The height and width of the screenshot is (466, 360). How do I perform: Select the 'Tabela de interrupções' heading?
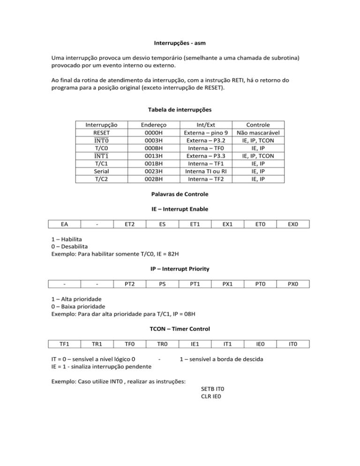point(180,110)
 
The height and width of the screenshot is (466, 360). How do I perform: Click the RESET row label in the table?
point(101,133)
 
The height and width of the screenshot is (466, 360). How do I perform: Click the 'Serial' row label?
point(101,171)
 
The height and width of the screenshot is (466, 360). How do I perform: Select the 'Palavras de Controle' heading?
point(180,194)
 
